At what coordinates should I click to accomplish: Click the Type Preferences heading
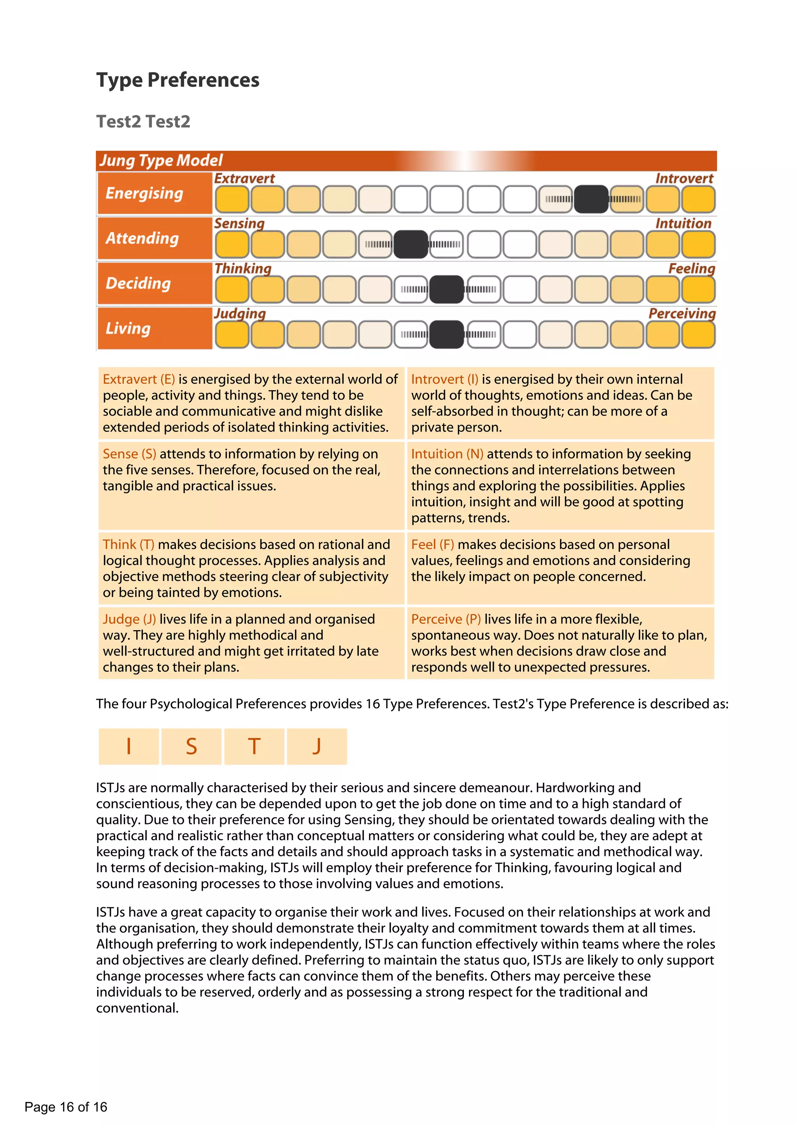click(x=178, y=80)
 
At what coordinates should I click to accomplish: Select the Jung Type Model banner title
click(x=161, y=160)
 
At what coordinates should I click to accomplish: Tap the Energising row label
click(x=144, y=193)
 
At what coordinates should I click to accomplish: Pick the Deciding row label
click(x=139, y=283)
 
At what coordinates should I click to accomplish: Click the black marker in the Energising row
click(x=591, y=199)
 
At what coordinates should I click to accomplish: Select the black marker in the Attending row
click(x=411, y=244)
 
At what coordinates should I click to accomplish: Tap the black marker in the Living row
click(x=447, y=335)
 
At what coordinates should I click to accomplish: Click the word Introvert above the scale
click(x=684, y=178)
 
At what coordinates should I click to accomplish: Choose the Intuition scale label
click(x=683, y=224)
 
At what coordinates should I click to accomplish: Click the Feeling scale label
click(x=691, y=269)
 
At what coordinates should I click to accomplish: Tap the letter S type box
click(x=191, y=746)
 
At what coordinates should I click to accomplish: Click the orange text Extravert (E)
click(x=139, y=379)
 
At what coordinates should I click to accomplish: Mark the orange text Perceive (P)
click(x=446, y=619)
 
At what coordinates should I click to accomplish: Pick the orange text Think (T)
click(x=128, y=544)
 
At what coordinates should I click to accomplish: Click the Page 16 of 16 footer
click(x=66, y=1106)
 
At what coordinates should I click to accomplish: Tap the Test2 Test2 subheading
click(x=143, y=121)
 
